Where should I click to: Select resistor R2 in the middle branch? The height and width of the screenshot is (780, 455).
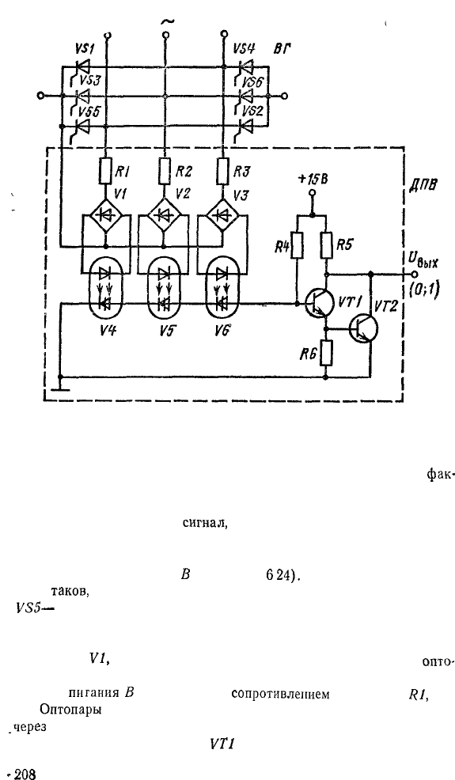pyautogui.click(x=165, y=171)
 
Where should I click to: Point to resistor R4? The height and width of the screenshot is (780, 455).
pyautogui.click(x=296, y=246)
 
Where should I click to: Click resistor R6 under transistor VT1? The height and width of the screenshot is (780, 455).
pyautogui.click(x=327, y=353)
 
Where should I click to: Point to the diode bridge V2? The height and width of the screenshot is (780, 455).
pyautogui.click(x=165, y=215)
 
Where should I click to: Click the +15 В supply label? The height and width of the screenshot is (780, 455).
pyautogui.click(x=313, y=180)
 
